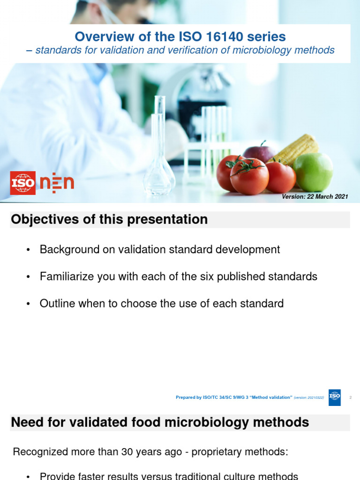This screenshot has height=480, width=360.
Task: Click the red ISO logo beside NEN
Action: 23,183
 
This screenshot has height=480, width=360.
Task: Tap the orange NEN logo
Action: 57,183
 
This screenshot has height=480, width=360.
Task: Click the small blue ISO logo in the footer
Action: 335,397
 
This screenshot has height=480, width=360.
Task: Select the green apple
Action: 313,172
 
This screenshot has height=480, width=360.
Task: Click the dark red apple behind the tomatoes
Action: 260,153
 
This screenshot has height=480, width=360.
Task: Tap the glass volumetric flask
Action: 159,159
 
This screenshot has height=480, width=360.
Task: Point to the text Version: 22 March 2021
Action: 315,197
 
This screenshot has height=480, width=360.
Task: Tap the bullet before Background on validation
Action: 29,250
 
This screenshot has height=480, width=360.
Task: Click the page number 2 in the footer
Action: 351,398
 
